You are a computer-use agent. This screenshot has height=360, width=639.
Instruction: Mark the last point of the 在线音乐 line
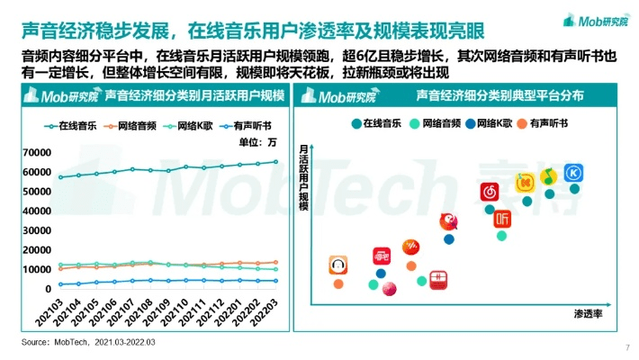tap(274, 162)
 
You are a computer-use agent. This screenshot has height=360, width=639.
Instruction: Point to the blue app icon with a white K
tap(573, 172)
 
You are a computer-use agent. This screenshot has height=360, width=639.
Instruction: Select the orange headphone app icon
tap(338, 265)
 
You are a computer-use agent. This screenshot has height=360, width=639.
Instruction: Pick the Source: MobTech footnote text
tap(88, 343)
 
